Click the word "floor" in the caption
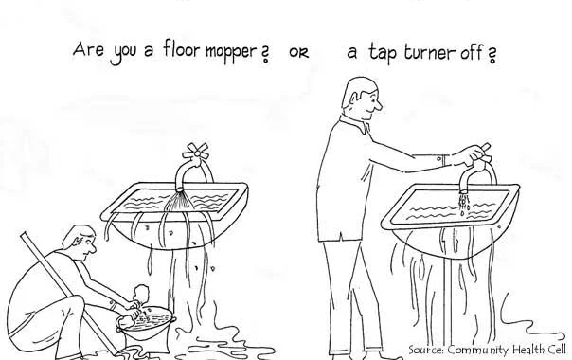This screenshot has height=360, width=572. (182, 49)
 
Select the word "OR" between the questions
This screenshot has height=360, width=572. (298, 53)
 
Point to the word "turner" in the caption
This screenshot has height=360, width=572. (430, 52)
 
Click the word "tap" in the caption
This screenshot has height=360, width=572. (383, 54)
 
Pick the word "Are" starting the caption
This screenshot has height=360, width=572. (88, 49)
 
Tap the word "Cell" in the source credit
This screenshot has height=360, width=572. (556, 349)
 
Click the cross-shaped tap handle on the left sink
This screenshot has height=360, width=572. (195, 153)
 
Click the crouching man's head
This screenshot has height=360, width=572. (80, 243)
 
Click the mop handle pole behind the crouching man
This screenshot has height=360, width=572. (68, 293)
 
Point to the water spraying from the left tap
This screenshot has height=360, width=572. (180, 202)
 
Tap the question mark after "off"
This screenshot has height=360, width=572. (492, 55)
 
